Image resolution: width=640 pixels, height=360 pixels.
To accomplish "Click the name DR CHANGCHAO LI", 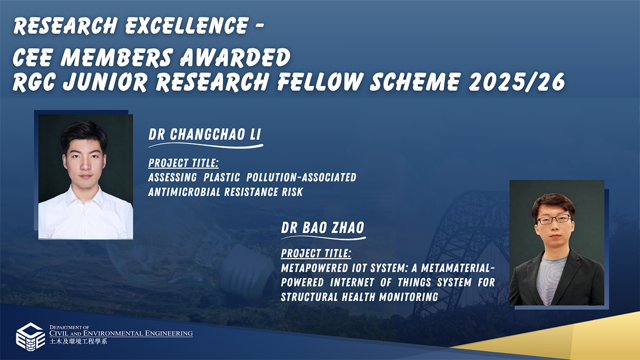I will tap(205, 135).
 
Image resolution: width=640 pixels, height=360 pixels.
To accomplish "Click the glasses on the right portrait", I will tap(554, 219).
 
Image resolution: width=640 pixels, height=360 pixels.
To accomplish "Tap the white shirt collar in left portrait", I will tap(85, 195).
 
